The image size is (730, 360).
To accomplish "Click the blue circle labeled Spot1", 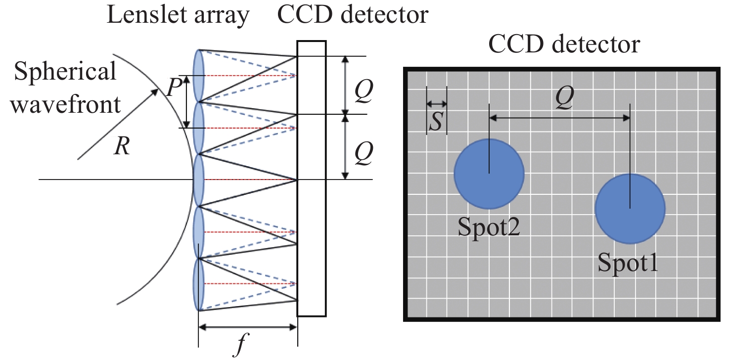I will pyautogui.click(x=630, y=208).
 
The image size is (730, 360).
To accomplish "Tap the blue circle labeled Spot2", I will pyautogui.click(x=489, y=173).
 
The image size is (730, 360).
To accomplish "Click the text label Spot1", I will pyautogui.click(x=628, y=263).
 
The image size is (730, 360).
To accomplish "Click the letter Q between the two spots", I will pyautogui.click(x=564, y=100).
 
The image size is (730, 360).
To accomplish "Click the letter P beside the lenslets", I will pyautogui.click(x=173, y=89).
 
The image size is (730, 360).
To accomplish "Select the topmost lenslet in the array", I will pyautogui.click(x=199, y=76).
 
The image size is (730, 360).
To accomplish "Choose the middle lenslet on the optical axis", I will pyautogui.click(x=199, y=180).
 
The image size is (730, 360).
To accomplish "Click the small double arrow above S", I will pyautogui.click(x=436, y=104).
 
